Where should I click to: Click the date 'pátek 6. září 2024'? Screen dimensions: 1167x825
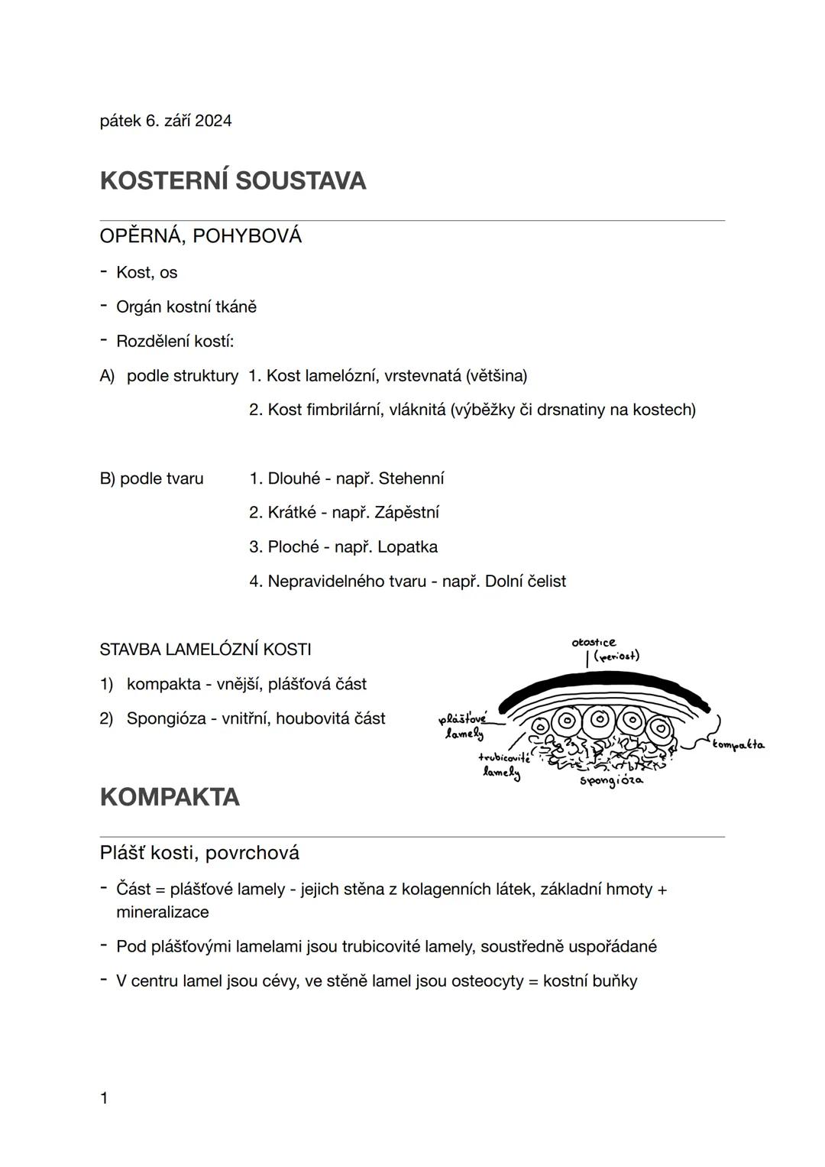tap(166, 121)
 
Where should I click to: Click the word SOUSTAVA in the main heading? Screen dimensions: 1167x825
tap(300, 181)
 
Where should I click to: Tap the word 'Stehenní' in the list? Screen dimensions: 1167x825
tap(411, 478)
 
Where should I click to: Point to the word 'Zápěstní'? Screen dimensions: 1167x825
tap(406, 513)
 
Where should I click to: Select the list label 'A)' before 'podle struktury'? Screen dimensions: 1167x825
tap(107, 376)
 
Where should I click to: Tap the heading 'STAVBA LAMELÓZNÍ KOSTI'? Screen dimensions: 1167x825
tap(205, 650)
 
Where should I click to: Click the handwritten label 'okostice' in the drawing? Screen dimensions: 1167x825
tap(594, 643)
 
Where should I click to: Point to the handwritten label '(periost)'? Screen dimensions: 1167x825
tap(616, 656)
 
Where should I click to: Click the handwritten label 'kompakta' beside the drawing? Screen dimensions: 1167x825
tap(738, 744)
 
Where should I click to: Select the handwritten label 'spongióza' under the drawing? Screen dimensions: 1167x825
tap(611, 781)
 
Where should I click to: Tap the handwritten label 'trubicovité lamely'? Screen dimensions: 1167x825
tap(504, 764)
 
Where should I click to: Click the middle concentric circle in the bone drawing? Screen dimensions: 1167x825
tap(599, 720)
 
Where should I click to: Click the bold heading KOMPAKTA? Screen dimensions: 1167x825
tap(170, 797)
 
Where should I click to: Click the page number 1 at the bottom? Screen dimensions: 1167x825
tap(104, 1099)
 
